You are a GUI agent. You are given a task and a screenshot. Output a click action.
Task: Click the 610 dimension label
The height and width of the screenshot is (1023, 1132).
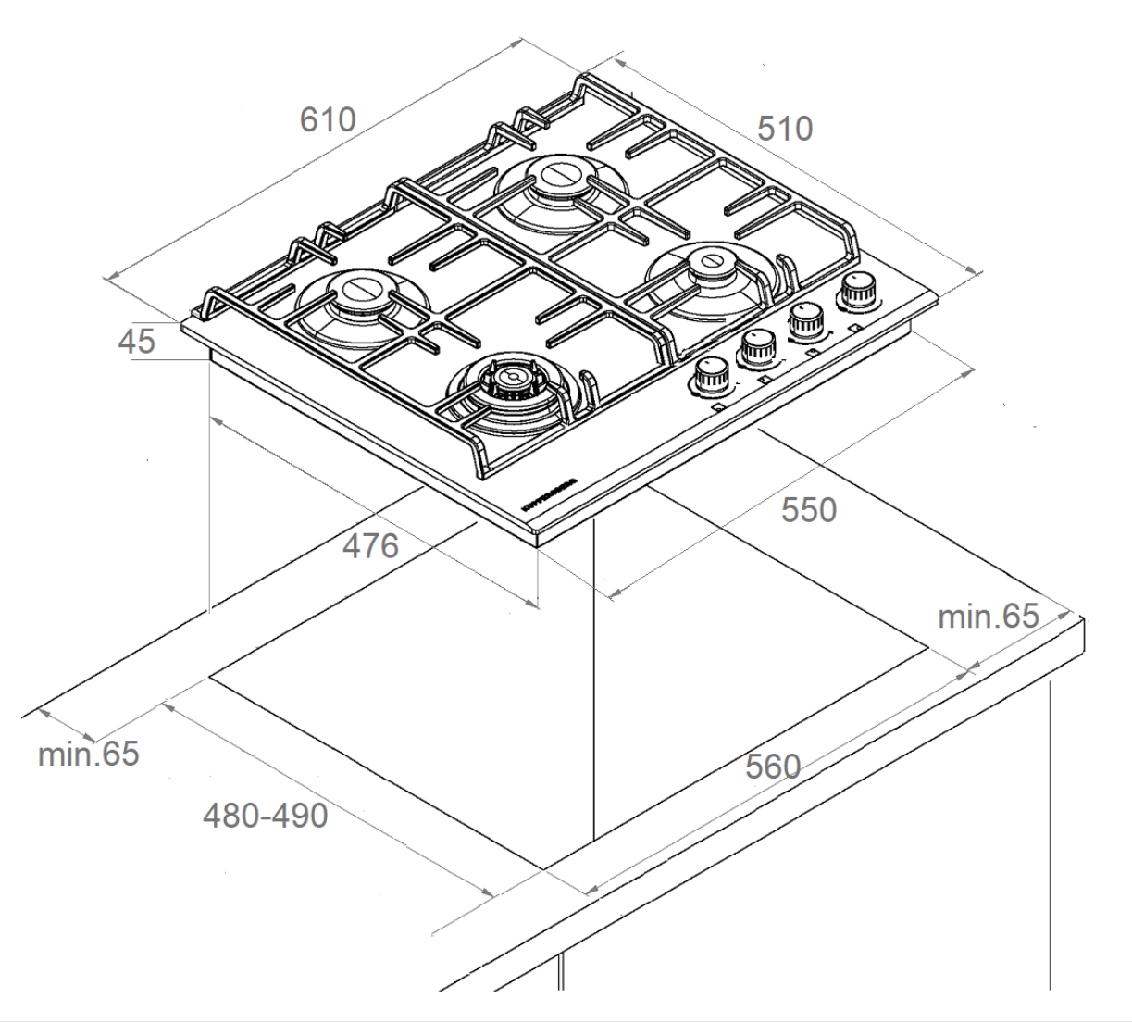(328, 120)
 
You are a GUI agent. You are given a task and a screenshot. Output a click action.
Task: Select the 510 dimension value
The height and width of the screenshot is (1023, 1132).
(785, 129)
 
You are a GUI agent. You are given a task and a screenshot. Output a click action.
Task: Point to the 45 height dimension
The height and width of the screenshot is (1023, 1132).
(137, 342)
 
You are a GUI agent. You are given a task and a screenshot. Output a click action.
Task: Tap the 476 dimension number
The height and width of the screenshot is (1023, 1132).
(370, 546)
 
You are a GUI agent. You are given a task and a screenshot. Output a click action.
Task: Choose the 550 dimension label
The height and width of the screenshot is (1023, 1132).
(808, 510)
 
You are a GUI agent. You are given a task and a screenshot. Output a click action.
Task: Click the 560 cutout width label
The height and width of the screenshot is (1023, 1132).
(772, 767)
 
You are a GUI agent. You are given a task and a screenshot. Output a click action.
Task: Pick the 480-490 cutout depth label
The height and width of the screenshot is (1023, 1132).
(266, 816)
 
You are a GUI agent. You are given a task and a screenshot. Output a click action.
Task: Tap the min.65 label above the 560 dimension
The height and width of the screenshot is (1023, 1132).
(989, 616)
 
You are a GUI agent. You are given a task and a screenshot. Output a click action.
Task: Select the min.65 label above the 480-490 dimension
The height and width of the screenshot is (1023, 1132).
(89, 754)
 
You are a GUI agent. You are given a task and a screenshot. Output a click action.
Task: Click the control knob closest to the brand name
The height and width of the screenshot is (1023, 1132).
(710, 375)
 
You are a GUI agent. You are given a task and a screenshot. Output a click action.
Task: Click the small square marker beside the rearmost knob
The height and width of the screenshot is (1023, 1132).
(856, 327)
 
